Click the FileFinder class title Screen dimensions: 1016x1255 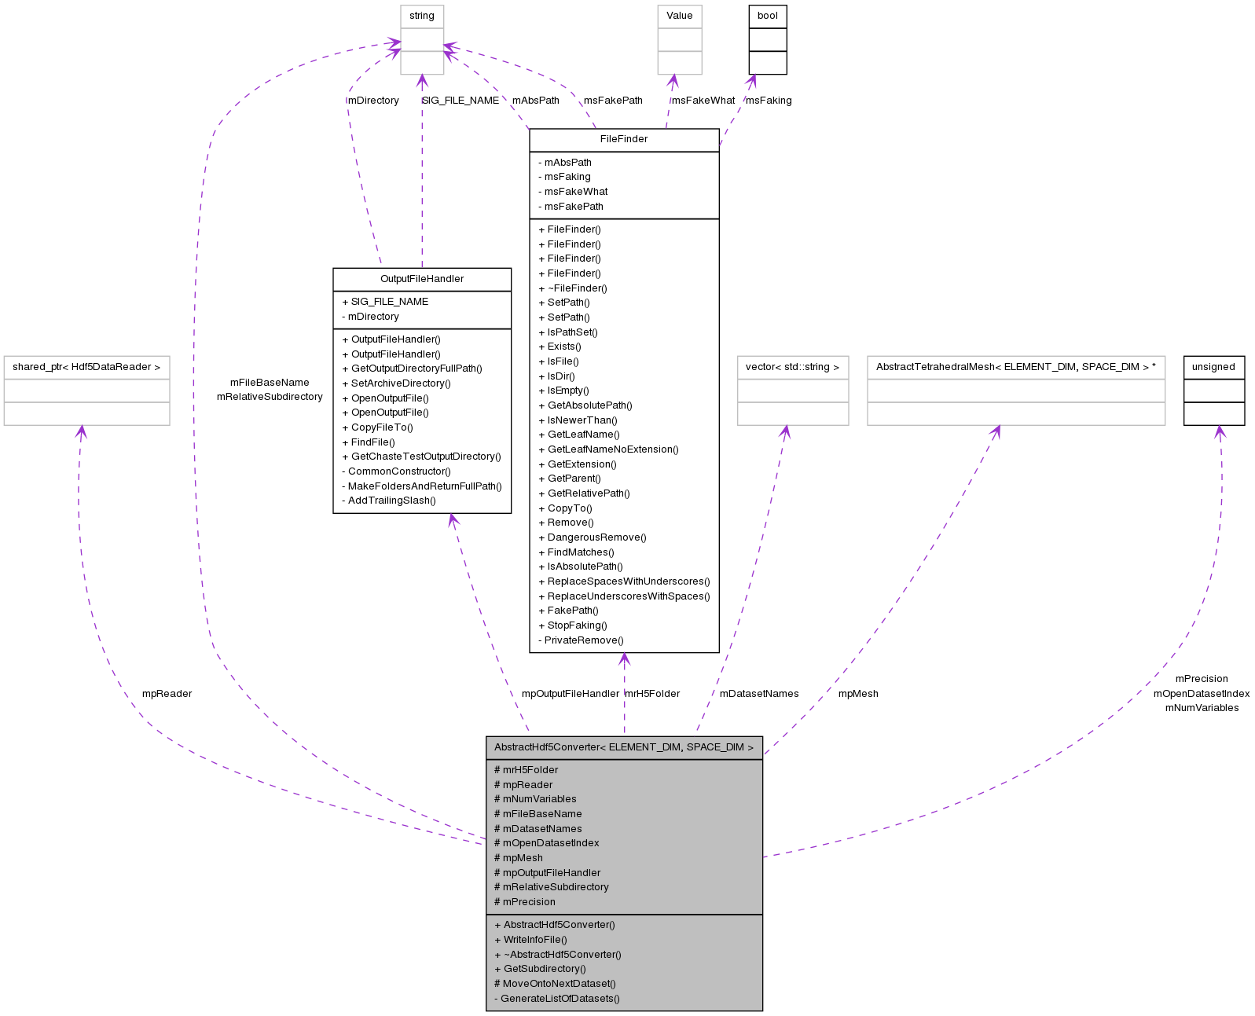point(624,139)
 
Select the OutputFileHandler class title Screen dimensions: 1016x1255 point(422,279)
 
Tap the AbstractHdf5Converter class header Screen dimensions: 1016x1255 point(624,747)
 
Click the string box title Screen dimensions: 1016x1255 point(422,16)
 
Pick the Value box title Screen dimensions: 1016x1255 point(680,16)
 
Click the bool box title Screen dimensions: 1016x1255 point(768,16)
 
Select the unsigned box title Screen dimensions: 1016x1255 point(1213,367)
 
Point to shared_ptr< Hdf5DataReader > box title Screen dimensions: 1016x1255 point(86,367)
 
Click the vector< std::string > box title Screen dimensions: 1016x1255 point(792,367)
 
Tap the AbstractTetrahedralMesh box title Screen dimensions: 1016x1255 point(1015,367)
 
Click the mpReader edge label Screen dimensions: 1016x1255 point(167,694)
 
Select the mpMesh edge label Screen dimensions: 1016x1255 point(858,694)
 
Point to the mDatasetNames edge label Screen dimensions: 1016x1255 point(759,694)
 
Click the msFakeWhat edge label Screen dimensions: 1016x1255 point(703,101)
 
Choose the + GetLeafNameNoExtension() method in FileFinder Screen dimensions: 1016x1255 point(608,449)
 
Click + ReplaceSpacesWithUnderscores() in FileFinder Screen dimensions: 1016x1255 point(624,581)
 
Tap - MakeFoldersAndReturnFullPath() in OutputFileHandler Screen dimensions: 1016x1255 point(422,486)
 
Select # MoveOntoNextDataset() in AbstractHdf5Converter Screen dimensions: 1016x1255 point(555,984)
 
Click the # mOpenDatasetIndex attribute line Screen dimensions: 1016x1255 point(546,843)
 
